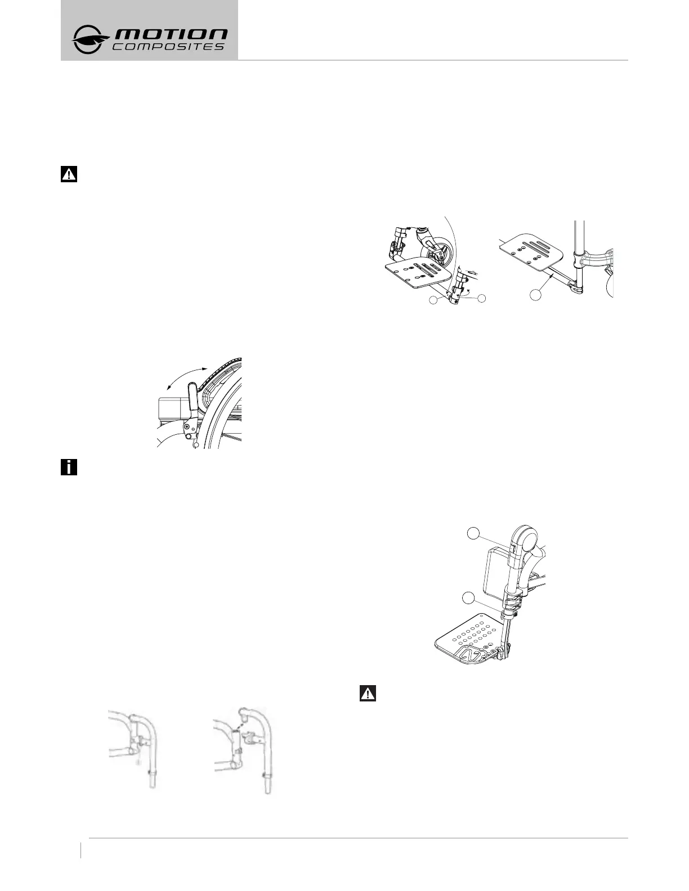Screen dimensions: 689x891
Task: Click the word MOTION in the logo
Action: [x=172, y=35]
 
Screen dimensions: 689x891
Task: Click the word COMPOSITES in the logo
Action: [x=169, y=47]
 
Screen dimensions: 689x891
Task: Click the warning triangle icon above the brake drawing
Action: [x=68, y=174]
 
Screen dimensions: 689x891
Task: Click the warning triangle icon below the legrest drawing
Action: [x=368, y=693]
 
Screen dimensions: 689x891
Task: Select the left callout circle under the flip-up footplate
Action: [x=433, y=301]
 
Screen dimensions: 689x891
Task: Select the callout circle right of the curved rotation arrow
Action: [x=481, y=299]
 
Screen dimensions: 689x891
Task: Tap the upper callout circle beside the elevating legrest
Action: [x=475, y=534]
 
